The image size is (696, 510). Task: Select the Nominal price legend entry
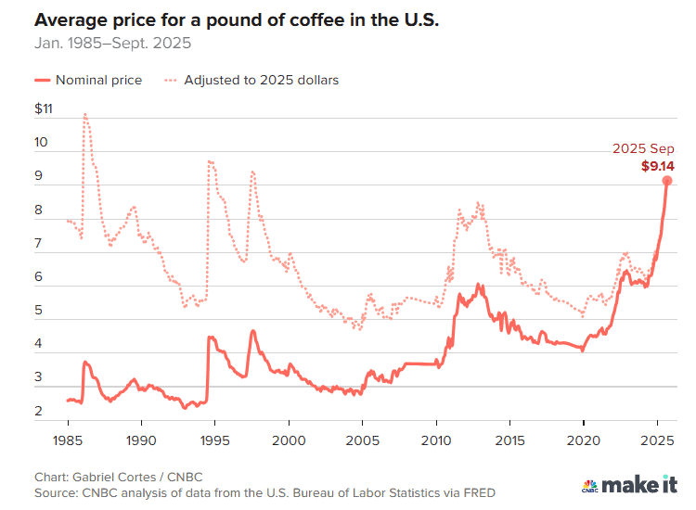[89, 80]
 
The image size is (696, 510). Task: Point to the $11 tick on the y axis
[45, 109]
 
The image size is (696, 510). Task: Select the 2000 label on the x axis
[289, 439]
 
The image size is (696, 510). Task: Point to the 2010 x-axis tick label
[436, 439]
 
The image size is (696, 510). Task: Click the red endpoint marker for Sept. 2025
[666, 181]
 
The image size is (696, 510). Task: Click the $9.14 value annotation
[657, 166]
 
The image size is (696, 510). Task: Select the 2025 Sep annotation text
[643, 149]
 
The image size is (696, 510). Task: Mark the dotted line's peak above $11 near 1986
[85, 114]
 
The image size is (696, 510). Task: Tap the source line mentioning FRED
[264, 493]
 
